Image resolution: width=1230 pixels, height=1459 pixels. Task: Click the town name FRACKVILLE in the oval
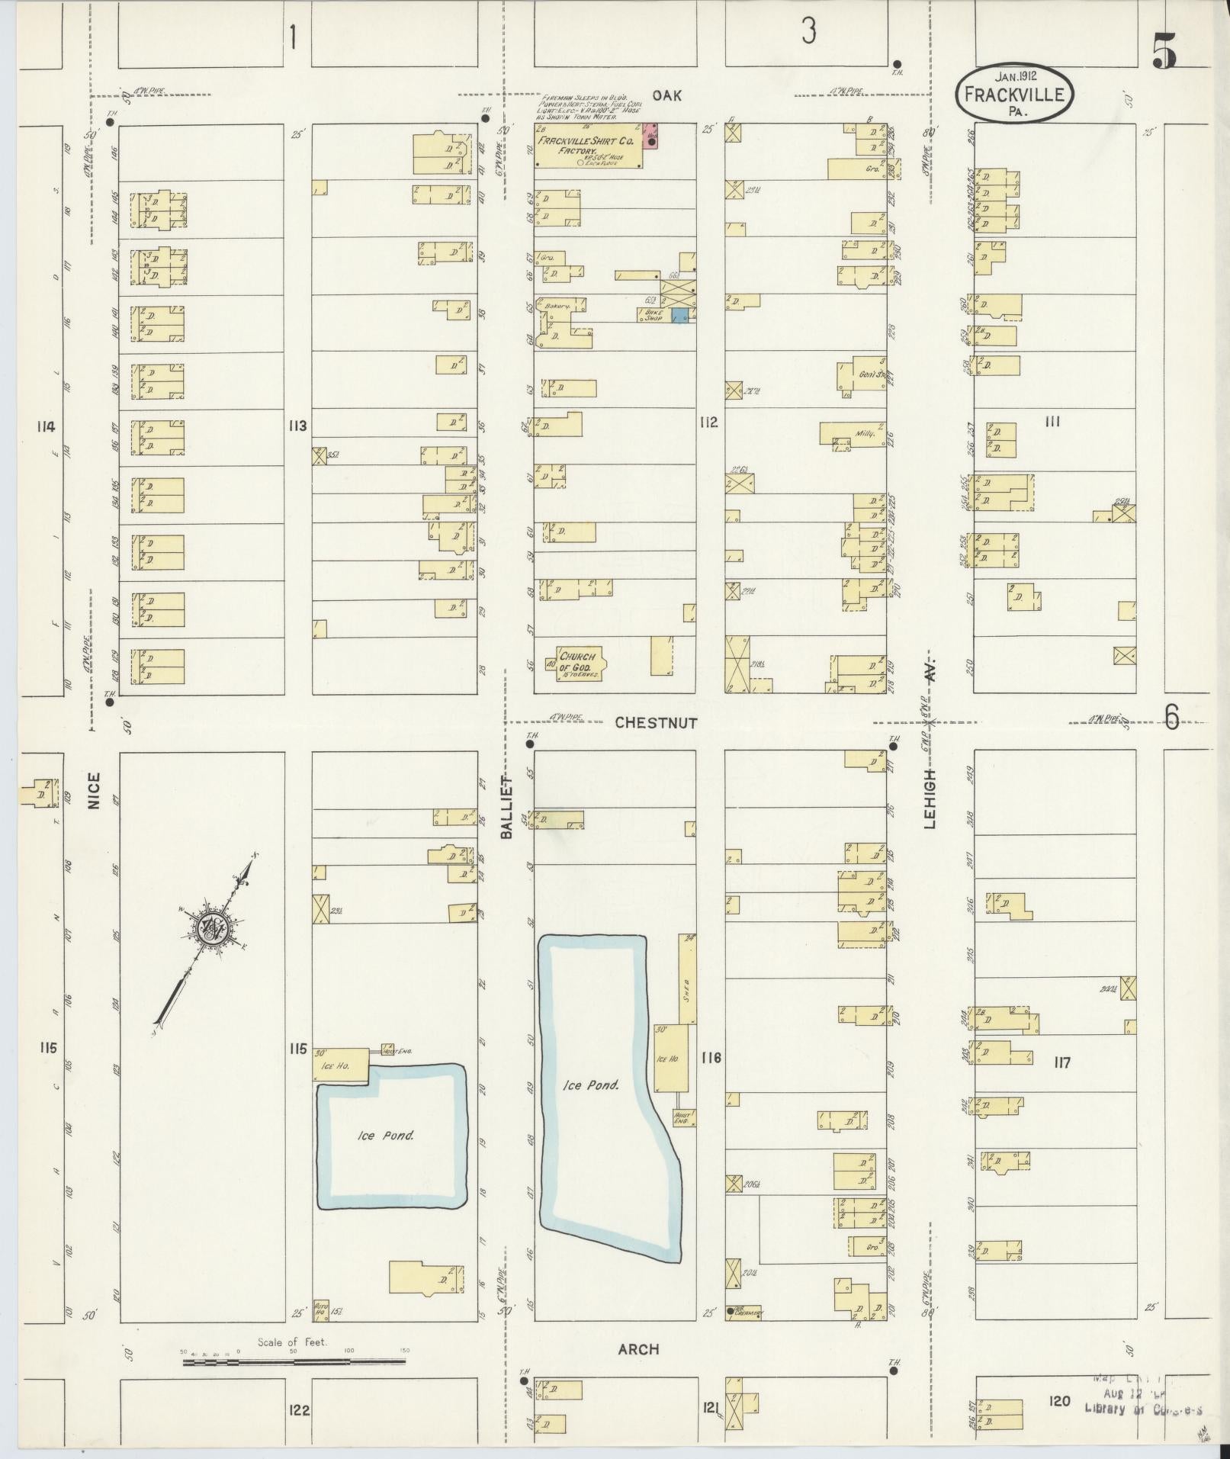click(x=1013, y=95)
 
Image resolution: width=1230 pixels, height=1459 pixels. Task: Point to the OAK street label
click(x=666, y=95)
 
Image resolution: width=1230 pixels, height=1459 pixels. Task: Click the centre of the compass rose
click(x=209, y=926)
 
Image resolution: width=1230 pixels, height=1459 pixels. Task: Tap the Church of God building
click(x=580, y=661)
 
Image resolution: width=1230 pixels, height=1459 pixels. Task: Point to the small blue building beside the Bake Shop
click(x=681, y=315)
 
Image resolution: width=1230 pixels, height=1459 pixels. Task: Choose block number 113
click(x=297, y=425)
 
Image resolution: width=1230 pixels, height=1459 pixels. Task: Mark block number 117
click(x=1061, y=1061)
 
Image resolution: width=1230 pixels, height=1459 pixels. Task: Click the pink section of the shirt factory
click(x=650, y=136)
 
